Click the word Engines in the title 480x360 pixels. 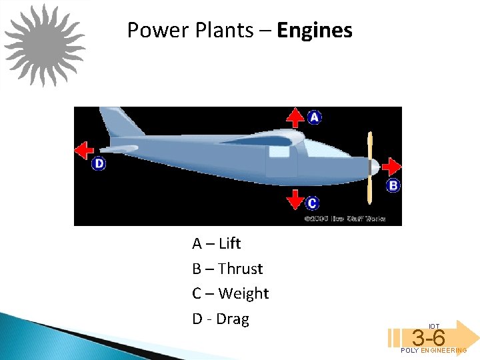click(x=315, y=31)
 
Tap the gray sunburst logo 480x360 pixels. click(x=45, y=45)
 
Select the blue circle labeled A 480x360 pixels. click(x=314, y=117)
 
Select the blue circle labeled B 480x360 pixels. click(x=393, y=185)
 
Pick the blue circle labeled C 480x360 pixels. click(x=313, y=203)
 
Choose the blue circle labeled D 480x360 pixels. click(x=99, y=163)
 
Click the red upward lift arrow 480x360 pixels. click(x=295, y=119)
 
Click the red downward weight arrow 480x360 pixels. click(x=295, y=199)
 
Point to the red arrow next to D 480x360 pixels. click(x=84, y=150)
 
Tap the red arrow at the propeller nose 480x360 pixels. click(x=392, y=166)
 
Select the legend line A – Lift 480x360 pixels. click(x=217, y=243)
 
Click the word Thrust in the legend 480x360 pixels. click(x=240, y=269)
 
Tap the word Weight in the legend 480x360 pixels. click(x=243, y=293)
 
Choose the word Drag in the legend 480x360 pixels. click(x=232, y=319)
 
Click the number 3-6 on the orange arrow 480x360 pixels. click(x=428, y=337)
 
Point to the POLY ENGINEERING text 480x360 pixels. click(x=433, y=351)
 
